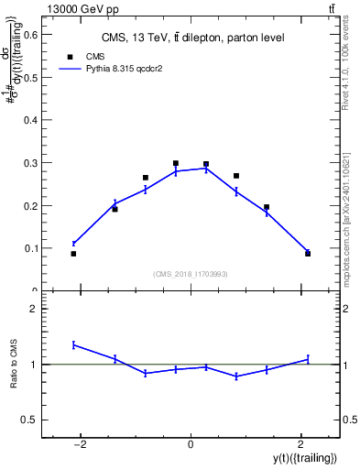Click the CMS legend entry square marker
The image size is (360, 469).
tap(70, 56)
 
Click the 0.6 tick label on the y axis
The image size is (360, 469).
tap(29, 35)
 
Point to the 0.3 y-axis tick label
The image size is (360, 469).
tap(29, 163)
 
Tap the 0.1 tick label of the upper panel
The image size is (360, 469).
tap(29, 248)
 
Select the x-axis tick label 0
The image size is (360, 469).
tap(191, 445)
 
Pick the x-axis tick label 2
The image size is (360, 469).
tap(300, 445)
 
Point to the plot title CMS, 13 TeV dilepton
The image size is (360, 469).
tap(192, 38)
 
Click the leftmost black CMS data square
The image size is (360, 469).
tap(73, 254)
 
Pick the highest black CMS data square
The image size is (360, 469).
tap(175, 163)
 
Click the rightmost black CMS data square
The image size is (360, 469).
tap(308, 254)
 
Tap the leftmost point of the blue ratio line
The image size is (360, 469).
tap(73, 344)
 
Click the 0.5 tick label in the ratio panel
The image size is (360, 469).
tap(29, 420)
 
